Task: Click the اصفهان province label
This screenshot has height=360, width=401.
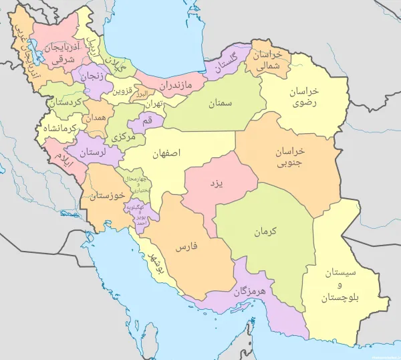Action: (166, 153)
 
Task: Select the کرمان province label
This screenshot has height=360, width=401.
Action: (265, 232)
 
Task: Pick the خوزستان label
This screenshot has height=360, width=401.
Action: (108, 195)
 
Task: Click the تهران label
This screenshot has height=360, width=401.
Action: (154, 105)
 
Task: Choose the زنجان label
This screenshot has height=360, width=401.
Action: (94, 76)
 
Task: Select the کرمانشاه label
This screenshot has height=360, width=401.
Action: (61, 128)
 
